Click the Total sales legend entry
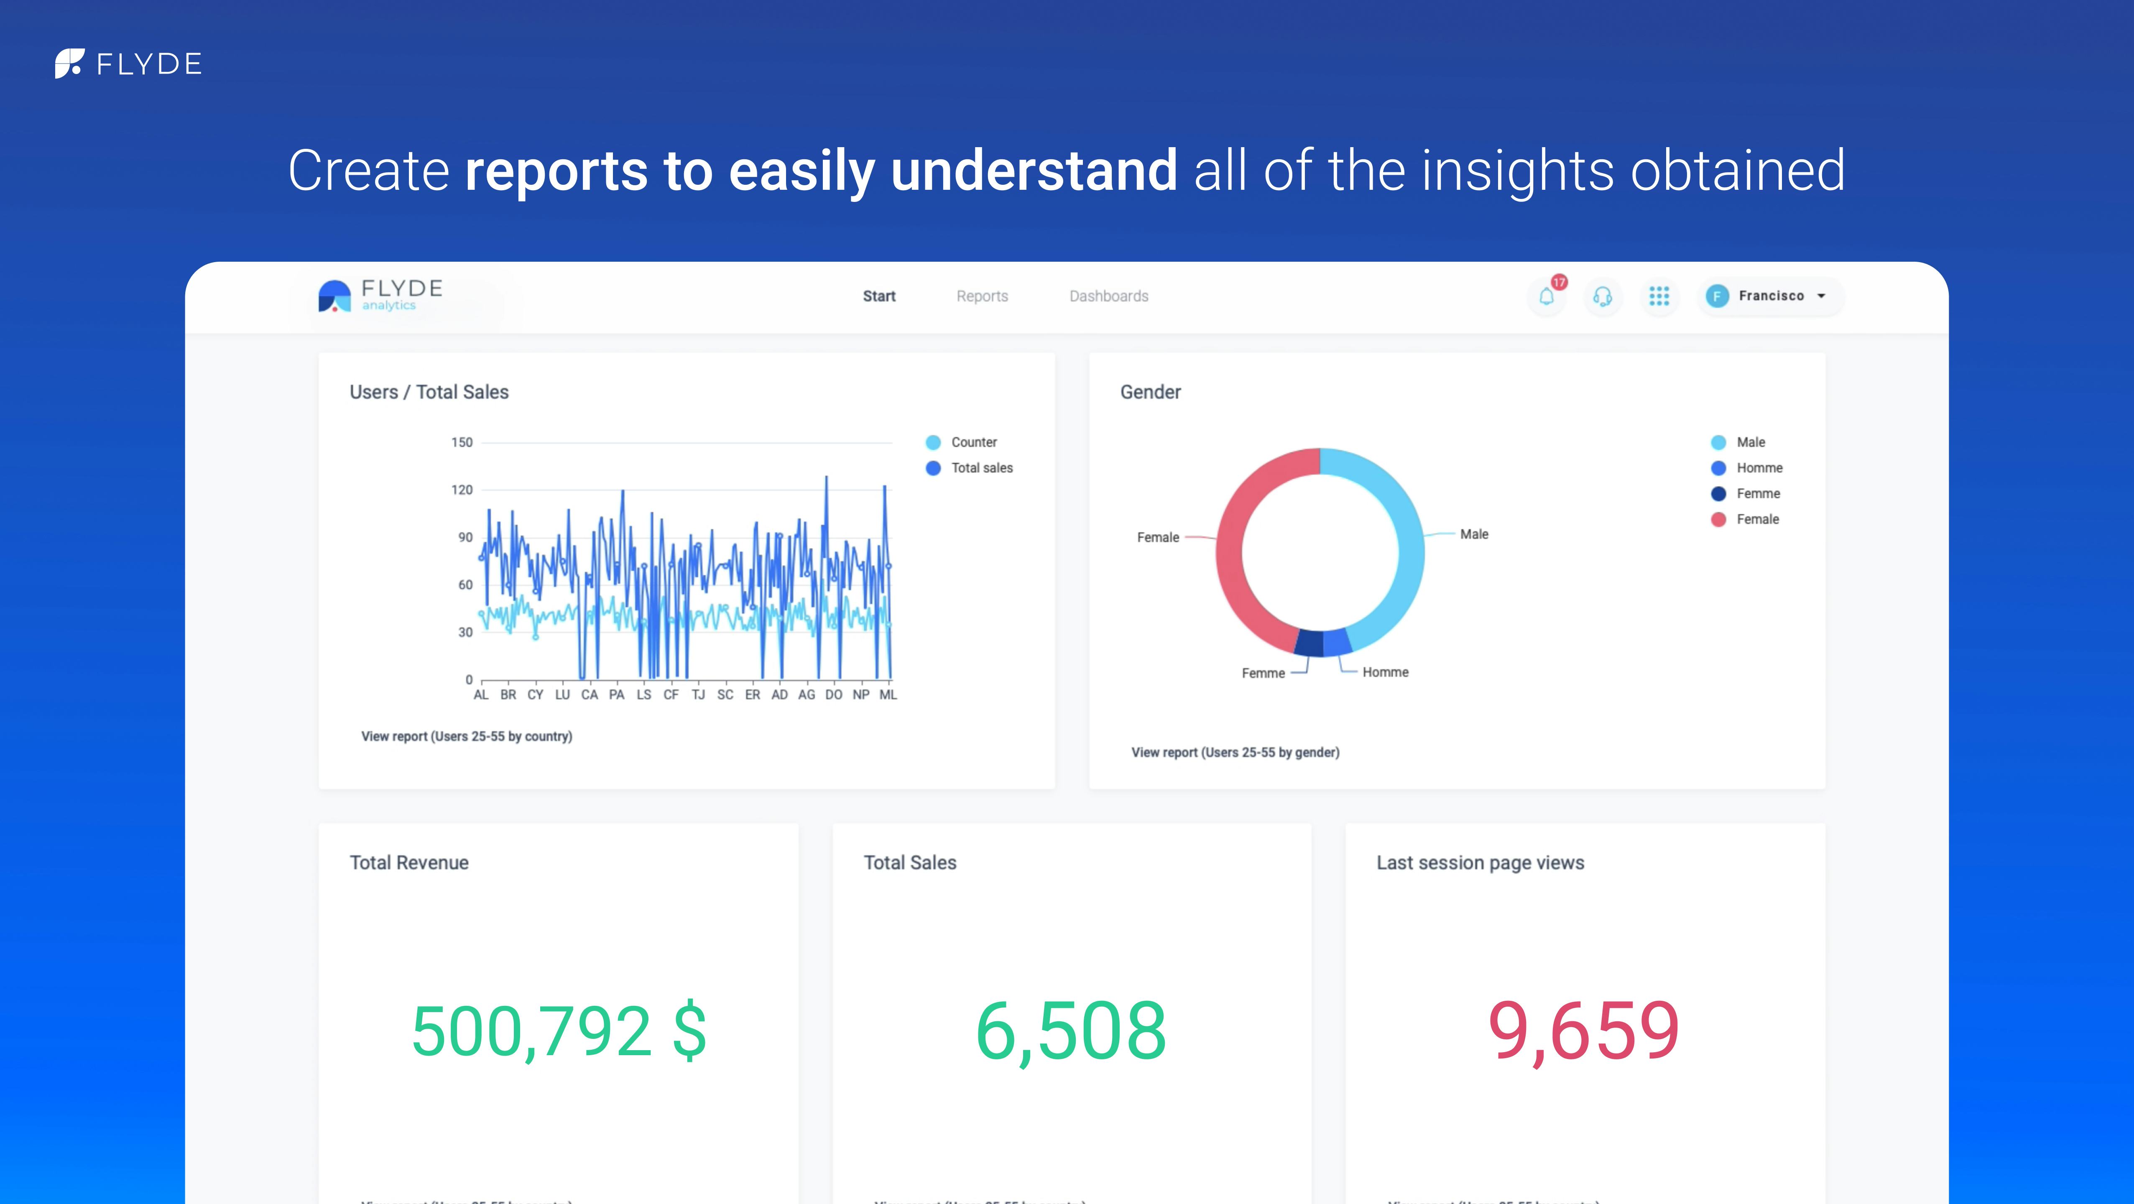coord(981,468)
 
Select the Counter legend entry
coord(973,442)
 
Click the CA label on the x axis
coord(589,695)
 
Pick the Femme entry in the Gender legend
coord(1757,494)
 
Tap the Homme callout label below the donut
coord(1385,672)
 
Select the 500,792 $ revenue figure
coord(558,1031)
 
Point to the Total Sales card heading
coord(910,863)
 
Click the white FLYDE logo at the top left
coord(128,64)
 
